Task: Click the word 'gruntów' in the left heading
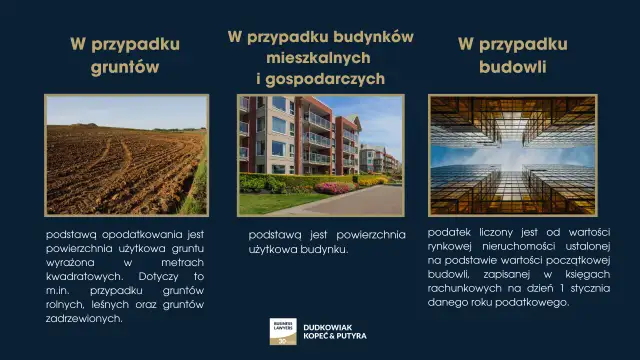[x=125, y=69]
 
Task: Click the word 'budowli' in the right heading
[x=512, y=69]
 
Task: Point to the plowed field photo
[x=125, y=154]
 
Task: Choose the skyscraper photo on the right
[x=512, y=154]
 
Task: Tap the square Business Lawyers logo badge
[x=283, y=331]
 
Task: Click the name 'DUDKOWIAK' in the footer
[x=333, y=324]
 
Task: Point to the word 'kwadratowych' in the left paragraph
[x=84, y=275]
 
